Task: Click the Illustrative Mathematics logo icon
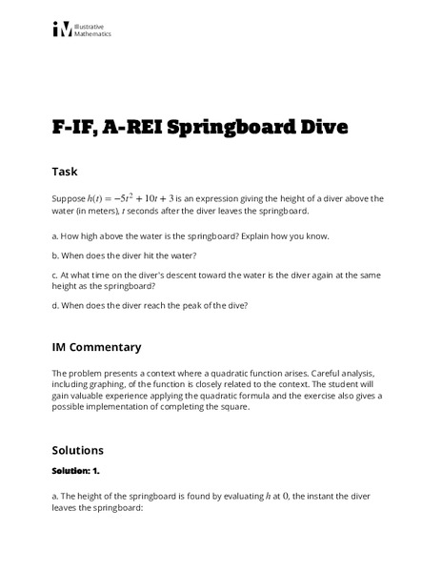click(x=61, y=30)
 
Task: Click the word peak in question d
click(x=198, y=305)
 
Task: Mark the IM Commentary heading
click(x=96, y=347)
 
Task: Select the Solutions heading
click(x=78, y=449)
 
